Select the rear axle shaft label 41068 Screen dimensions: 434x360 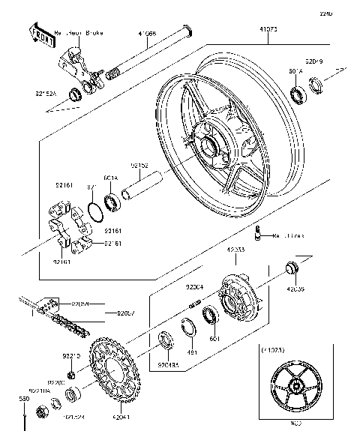147,34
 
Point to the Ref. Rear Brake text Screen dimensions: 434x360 80,34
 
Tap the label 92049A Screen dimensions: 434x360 168,365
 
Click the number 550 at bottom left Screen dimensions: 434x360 24,400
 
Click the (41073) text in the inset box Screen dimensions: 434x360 272,350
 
